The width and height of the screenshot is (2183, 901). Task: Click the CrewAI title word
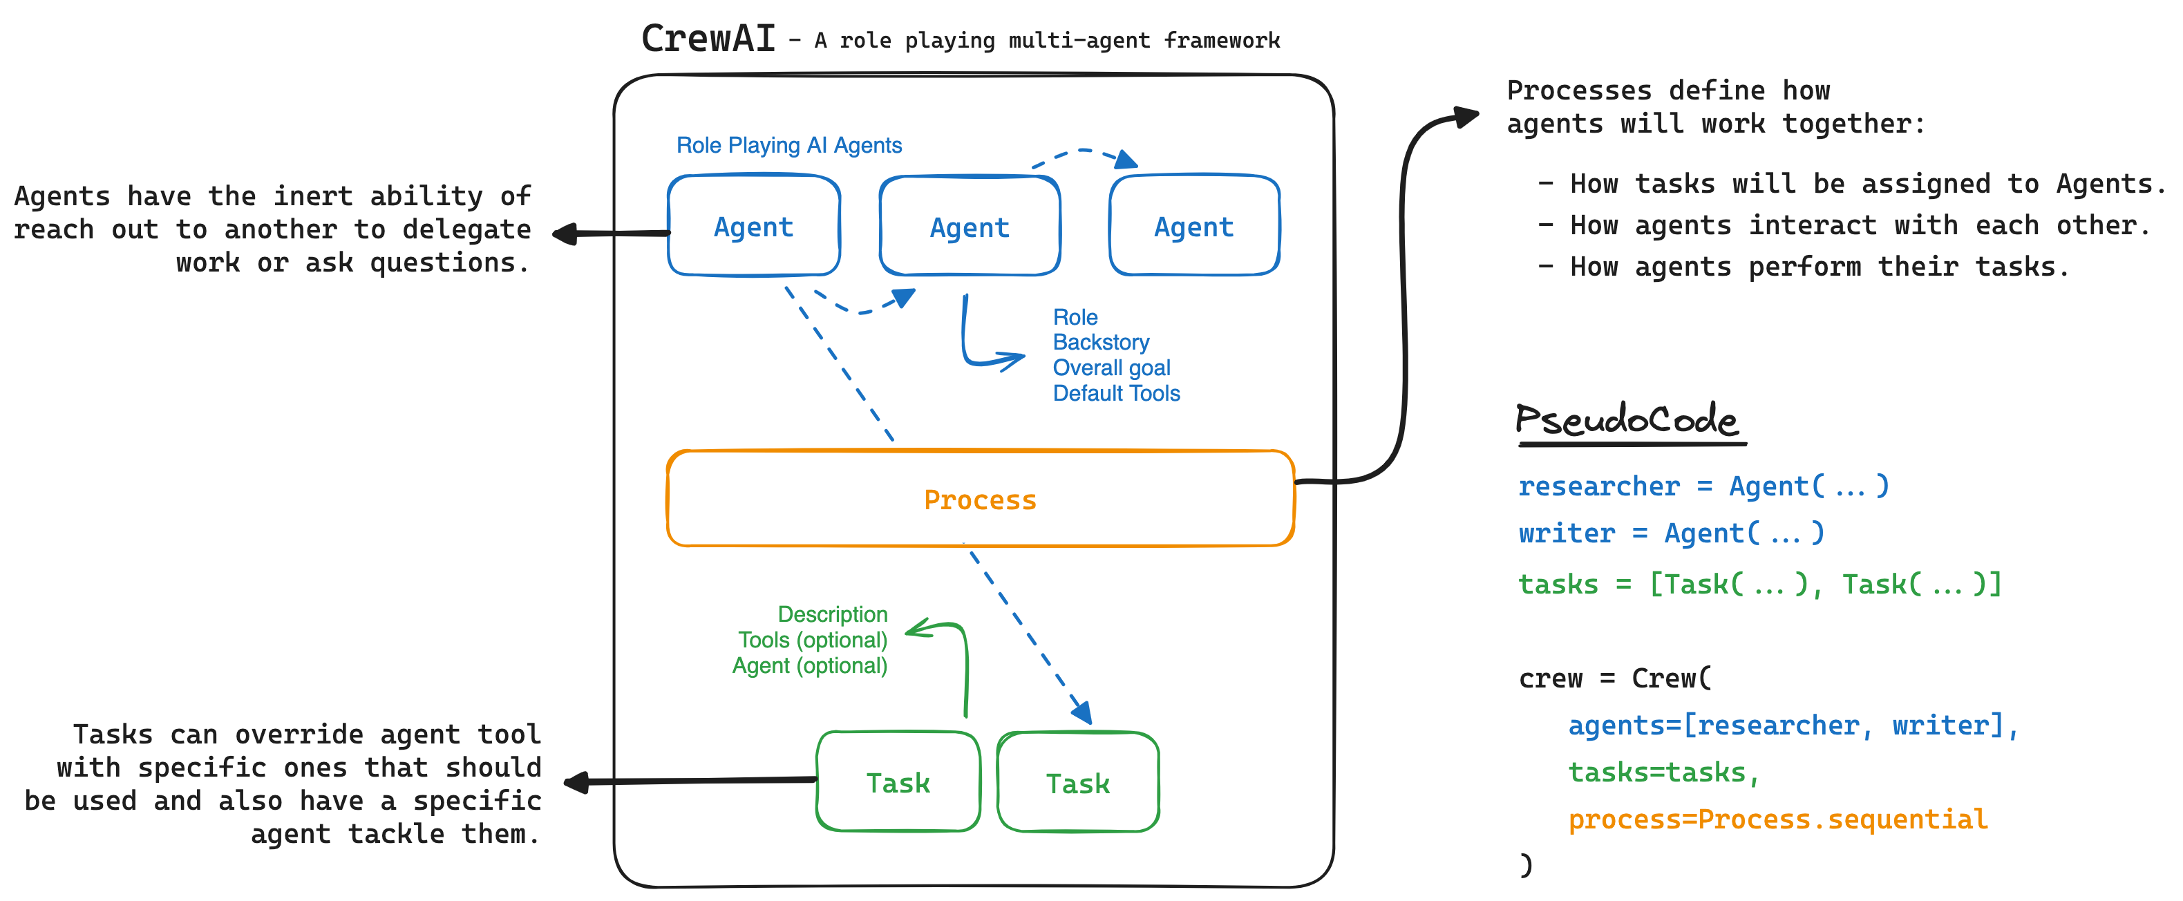pos(708,38)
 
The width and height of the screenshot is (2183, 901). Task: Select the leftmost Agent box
pos(753,227)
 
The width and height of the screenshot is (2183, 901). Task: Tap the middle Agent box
pos(970,227)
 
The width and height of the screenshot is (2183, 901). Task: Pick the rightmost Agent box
pos(1193,227)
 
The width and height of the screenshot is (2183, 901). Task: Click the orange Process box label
pos(980,500)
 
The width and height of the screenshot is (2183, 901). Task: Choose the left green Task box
pos(898,782)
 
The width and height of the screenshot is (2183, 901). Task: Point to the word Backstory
pos(1101,343)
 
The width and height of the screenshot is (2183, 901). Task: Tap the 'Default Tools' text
pos(1116,393)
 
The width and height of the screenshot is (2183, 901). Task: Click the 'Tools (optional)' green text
pos(812,640)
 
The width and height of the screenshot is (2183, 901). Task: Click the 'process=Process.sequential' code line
pos(1777,819)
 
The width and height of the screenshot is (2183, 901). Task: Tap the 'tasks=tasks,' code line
pos(1663,772)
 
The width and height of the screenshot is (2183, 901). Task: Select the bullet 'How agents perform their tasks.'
pos(1819,267)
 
